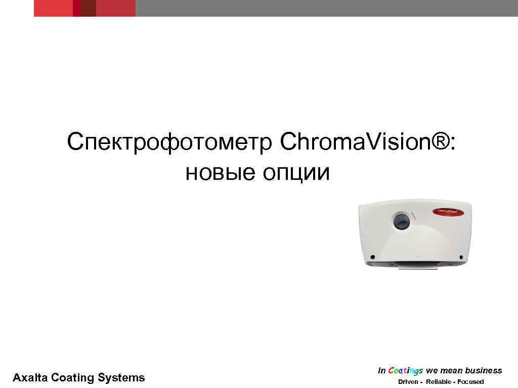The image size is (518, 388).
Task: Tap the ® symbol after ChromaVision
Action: click(x=441, y=142)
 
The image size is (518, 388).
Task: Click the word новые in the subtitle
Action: click(x=217, y=173)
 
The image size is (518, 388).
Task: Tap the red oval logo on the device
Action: click(x=447, y=212)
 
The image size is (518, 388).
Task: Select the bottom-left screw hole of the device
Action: click(x=372, y=256)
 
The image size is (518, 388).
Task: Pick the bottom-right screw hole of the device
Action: click(x=462, y=256)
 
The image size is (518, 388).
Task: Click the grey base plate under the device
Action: click(x=418, y=265)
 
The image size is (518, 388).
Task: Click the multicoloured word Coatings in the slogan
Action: click(x=405, y=371)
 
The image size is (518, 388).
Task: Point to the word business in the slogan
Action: click(x=483, y=371)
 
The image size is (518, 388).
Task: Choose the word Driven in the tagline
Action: click(x=408, y=381)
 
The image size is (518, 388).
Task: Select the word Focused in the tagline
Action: click(x=470, y=381)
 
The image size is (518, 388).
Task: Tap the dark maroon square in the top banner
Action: click(x=89, y=8)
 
